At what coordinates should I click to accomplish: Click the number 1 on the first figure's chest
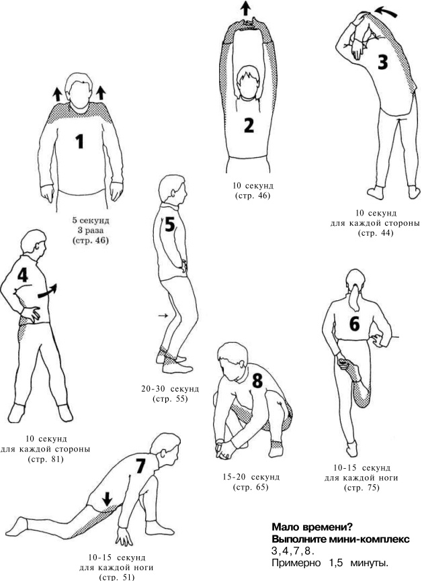click(80, 141)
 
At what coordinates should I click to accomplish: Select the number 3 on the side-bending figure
click(383, 62)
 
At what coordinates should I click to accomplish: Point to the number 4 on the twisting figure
click(23, 275)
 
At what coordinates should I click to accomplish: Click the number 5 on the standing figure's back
click(169, 224)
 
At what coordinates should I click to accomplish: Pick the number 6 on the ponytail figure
click(355, 324)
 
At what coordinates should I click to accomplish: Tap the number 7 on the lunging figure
click(140, 465)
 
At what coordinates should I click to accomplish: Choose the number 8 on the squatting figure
click(257, 381)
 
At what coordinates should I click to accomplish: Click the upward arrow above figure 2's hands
click(245, 8)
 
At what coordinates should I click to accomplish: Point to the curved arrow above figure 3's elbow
click(386, 11)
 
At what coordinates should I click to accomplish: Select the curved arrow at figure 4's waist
click(48, 292)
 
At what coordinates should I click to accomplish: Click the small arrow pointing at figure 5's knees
click(163, 315)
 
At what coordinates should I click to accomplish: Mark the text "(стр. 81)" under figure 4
click(46, 459)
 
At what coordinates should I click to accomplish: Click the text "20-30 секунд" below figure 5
click(170, 389)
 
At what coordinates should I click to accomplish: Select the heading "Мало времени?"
click(312, 527)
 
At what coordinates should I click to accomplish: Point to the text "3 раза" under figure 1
click(91, 230)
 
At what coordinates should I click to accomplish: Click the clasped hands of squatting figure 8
click(224, 449)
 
